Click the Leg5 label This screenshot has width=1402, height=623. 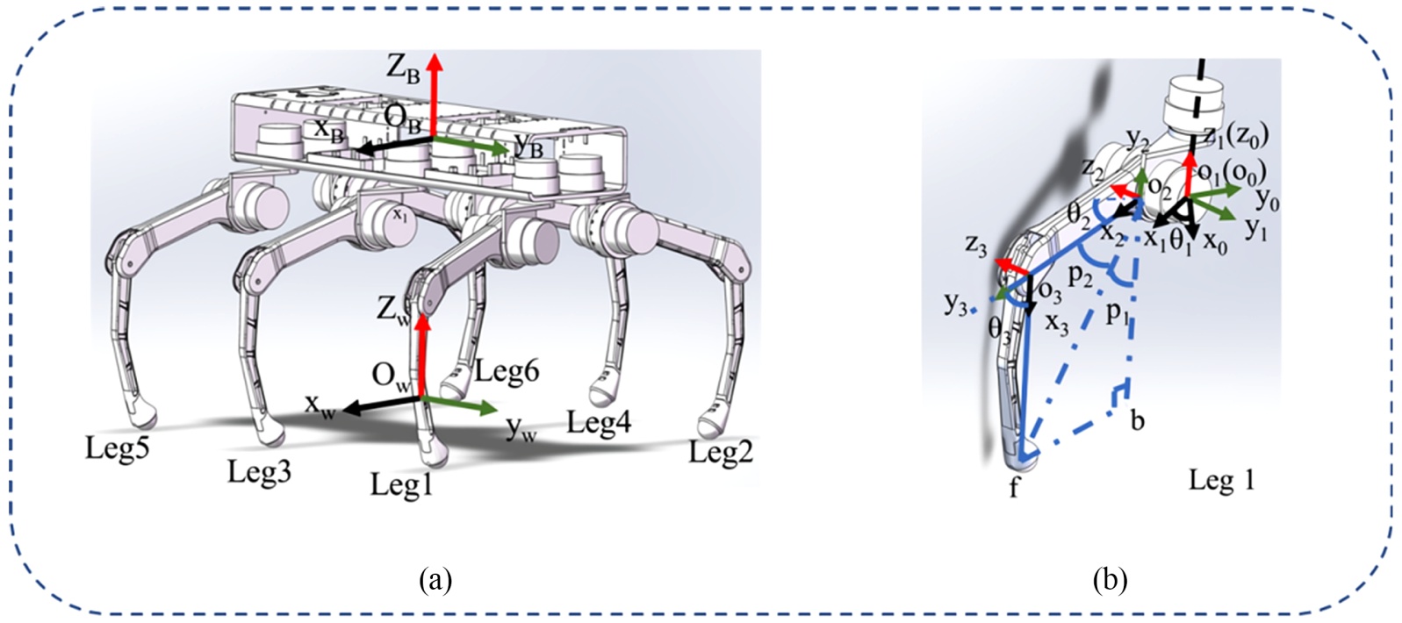coord(117,448)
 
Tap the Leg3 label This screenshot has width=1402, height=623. coord(259,472)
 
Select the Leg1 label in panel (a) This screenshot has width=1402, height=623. coord(402,484)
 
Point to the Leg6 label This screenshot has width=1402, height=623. coord(507,372)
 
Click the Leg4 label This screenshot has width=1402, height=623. coord(599,423)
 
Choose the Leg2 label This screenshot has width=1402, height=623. coord(721,453)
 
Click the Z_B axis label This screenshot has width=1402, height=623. coord(403,68)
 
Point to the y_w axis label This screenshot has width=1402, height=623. coord(521,429)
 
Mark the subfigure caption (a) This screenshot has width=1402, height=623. coord(436,580)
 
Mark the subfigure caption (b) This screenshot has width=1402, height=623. coord(1110,580)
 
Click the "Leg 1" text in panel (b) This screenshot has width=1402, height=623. coord(1221,480)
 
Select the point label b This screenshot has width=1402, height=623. coord(1137,421)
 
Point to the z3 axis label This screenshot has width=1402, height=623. coord(976,245)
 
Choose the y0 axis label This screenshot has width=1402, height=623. coord(1267,200)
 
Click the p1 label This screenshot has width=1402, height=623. coord(1116,312)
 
